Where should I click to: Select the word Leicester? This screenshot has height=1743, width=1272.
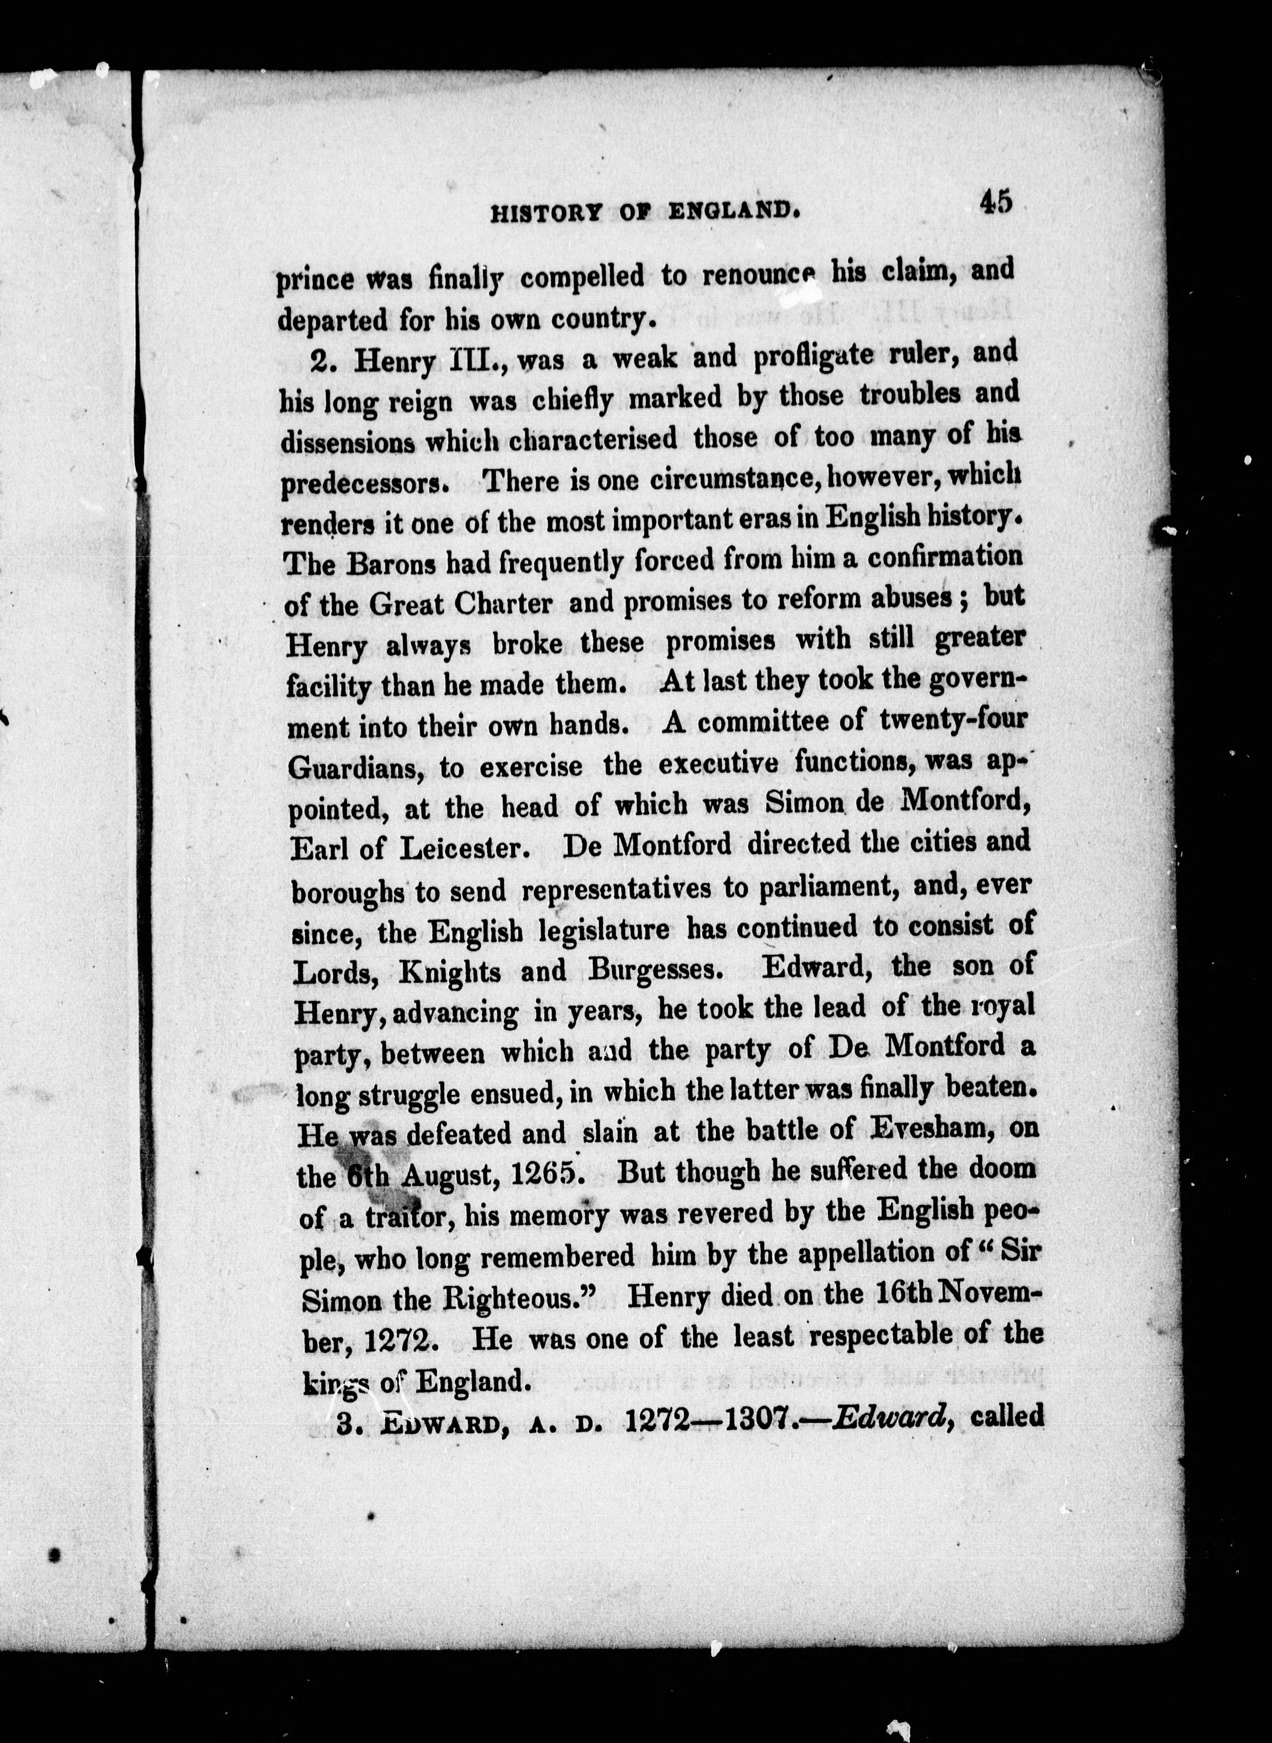coord(463,849)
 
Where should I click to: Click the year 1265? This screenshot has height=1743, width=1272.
coord(545,1173)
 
